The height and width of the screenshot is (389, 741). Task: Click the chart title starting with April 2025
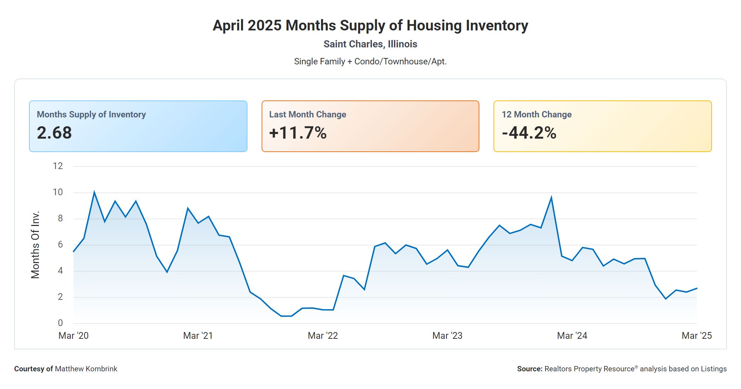coord(370,25)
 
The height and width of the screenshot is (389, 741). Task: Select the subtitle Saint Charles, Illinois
coord(370,44)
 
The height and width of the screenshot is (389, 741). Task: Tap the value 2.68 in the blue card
coord(54,133)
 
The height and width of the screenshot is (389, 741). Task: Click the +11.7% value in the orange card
coord(298,133)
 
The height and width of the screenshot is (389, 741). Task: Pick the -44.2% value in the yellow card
coord(529,133)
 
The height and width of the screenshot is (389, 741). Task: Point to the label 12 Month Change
coord(536,115)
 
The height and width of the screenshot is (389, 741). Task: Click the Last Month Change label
coord(308,115)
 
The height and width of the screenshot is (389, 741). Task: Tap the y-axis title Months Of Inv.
coord(35,245)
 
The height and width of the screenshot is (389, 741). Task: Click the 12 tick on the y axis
coord(58,166)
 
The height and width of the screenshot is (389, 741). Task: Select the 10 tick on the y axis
coord(58,192)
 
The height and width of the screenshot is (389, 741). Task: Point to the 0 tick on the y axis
coord(60,323)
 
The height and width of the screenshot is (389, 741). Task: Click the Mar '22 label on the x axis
coord(323,336)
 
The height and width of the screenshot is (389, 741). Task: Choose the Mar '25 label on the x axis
coord(696,336)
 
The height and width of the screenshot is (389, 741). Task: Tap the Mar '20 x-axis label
coord(74,336)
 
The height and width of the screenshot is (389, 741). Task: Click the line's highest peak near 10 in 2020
coord(94,192)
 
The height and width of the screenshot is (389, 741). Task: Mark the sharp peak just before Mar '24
coord(551,197)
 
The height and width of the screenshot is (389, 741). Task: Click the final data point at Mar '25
coord(696,288)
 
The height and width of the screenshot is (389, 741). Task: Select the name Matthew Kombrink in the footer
coord(86,369)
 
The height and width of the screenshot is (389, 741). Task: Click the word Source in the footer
coord(529,369)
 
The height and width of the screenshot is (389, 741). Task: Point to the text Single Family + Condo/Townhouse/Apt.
coord(370,62)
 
